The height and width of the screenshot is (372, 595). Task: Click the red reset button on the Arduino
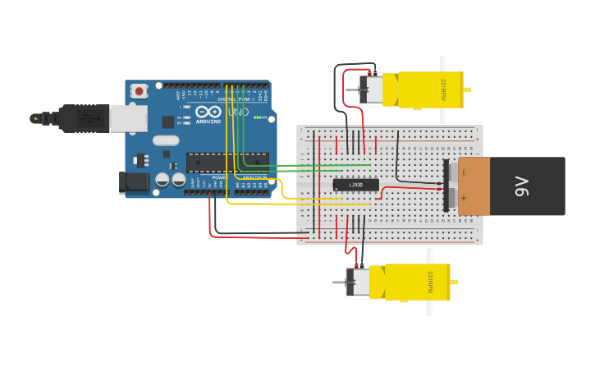click(x=139, y=90)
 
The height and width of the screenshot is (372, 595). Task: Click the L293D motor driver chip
click(x=356, y=185)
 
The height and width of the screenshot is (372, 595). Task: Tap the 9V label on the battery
click(x=521, y=186)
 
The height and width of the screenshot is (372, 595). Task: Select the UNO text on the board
click(x=238, y=112)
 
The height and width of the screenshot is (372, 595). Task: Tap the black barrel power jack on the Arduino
click(x=134, y=182)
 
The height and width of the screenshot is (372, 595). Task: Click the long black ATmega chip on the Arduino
click(x=227, y=162)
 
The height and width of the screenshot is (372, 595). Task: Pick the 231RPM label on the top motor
click(x=443, y=90)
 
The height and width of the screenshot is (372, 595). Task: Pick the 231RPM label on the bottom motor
click(x=429, y=282)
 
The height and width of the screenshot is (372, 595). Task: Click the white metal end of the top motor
click(x=371, y=90)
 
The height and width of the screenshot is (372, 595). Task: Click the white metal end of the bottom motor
click(x=358, y=282)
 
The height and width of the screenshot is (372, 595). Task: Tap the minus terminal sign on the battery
click(x=463, y=172)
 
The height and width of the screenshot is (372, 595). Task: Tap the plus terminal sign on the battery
click(x=463, y=198)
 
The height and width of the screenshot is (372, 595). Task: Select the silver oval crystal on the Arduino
click(x=166, y=140)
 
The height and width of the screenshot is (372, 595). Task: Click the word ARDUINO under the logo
click(x=208, y=121)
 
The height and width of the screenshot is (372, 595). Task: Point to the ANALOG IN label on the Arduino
click(x=253, y=177)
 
